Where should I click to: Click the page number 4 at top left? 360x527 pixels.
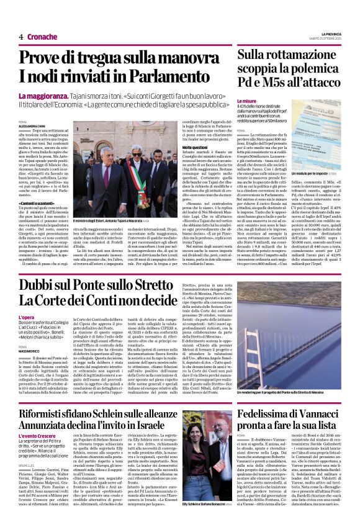[x=21, y=37]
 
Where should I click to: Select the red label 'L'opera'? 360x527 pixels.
[x=26, y=317]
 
